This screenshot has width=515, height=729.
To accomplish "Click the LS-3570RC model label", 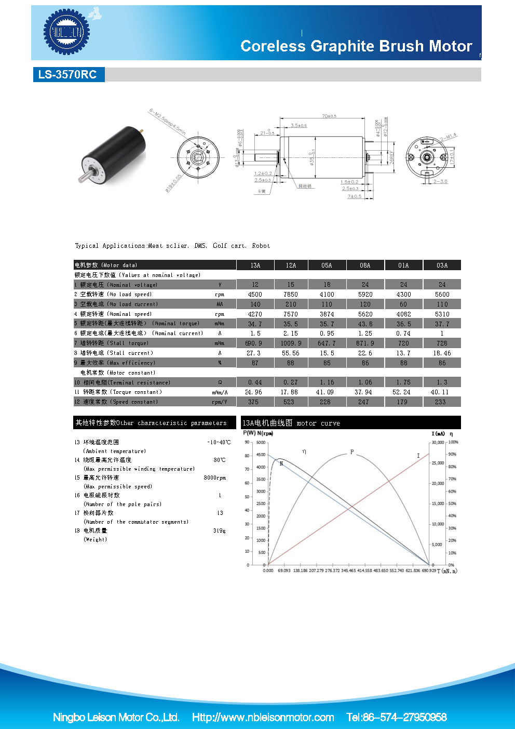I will tap(67, 74).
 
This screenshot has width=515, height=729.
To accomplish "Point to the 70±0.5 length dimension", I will tap(329, 116).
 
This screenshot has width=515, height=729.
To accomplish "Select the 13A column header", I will tap(255, 266).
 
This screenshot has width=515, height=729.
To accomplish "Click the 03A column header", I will tap(442, 266).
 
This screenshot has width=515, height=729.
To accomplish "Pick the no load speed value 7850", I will tap(291, 295).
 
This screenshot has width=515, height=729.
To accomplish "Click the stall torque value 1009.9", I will tap(291, 343).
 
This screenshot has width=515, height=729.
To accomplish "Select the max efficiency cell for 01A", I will tap(403, 363).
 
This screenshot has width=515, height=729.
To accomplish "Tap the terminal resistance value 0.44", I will tap(255, 382).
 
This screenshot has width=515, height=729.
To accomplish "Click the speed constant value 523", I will tap(289, 402).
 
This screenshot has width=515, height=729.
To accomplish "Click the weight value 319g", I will tap(219, 531).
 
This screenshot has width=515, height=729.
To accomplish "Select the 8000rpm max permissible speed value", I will tap(214, 478).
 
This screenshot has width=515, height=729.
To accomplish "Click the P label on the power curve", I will tap(352, 452).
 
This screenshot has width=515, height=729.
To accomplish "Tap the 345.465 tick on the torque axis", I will tap(348, 571).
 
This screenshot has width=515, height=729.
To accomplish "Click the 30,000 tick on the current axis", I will tap(438, 443).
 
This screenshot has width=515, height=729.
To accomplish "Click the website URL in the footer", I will tap(263, 718).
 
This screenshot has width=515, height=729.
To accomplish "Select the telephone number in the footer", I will tap(397, 718).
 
